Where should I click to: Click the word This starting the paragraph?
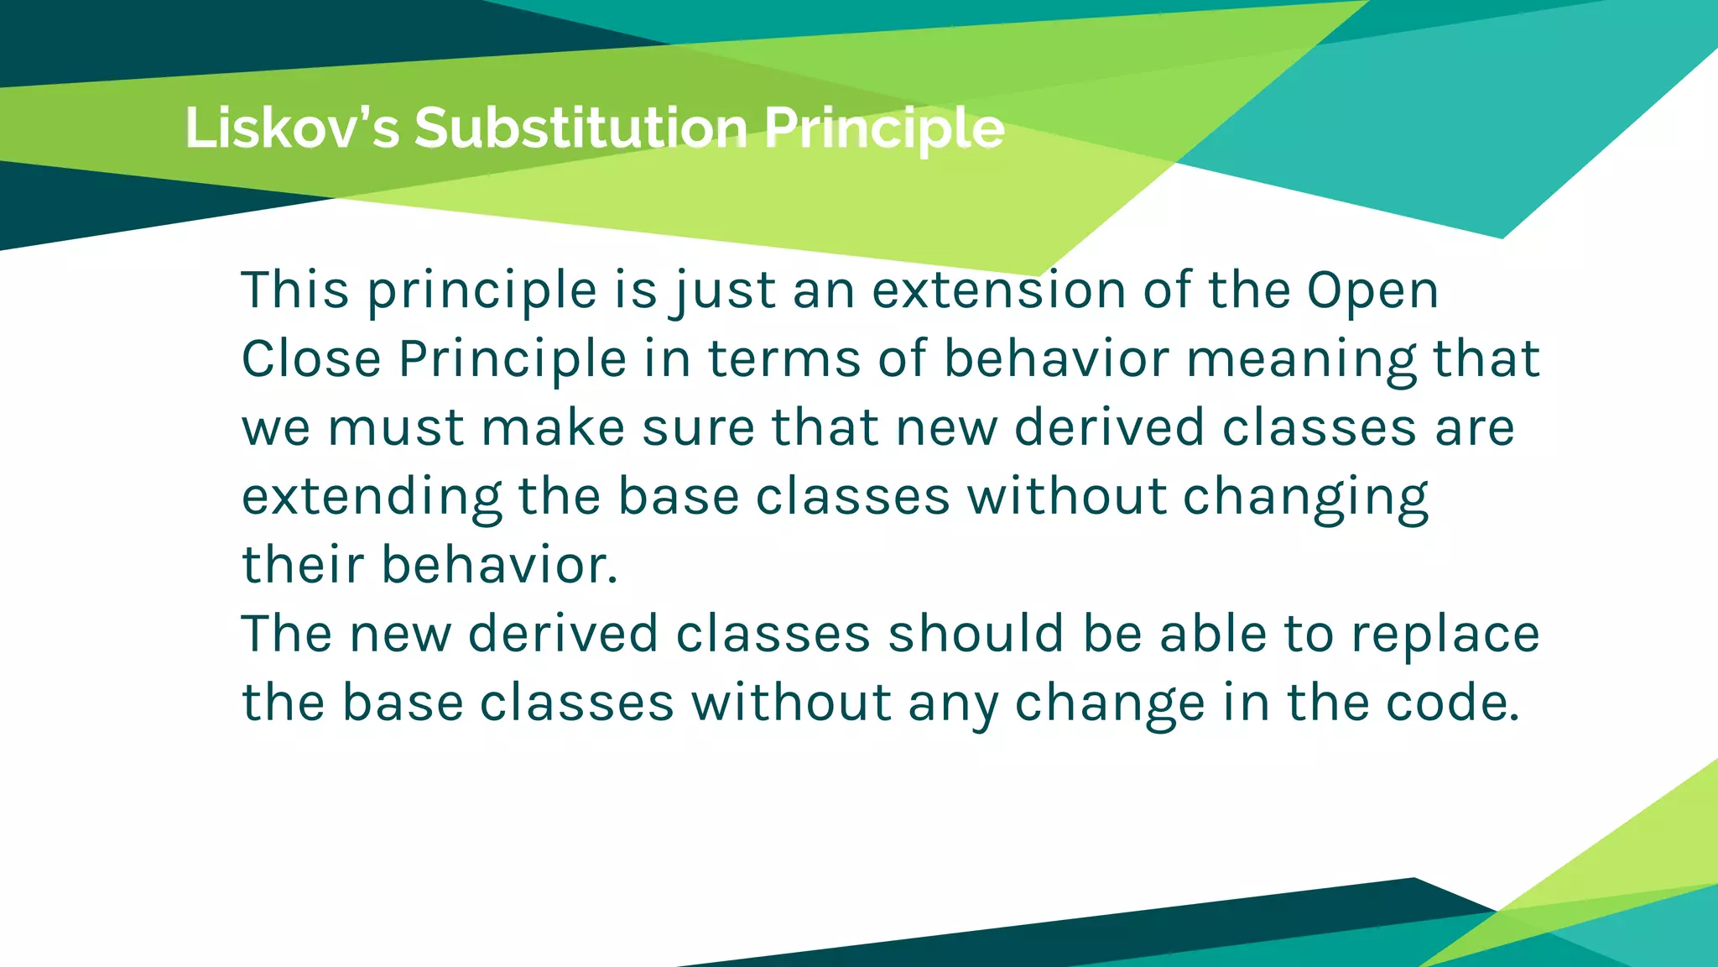point(294,290)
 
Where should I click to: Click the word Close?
point(311,359)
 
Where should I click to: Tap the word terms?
point(784,359)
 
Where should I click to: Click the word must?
point(395,428)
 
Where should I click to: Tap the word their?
point(303,565)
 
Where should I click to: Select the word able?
point(1212,634)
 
